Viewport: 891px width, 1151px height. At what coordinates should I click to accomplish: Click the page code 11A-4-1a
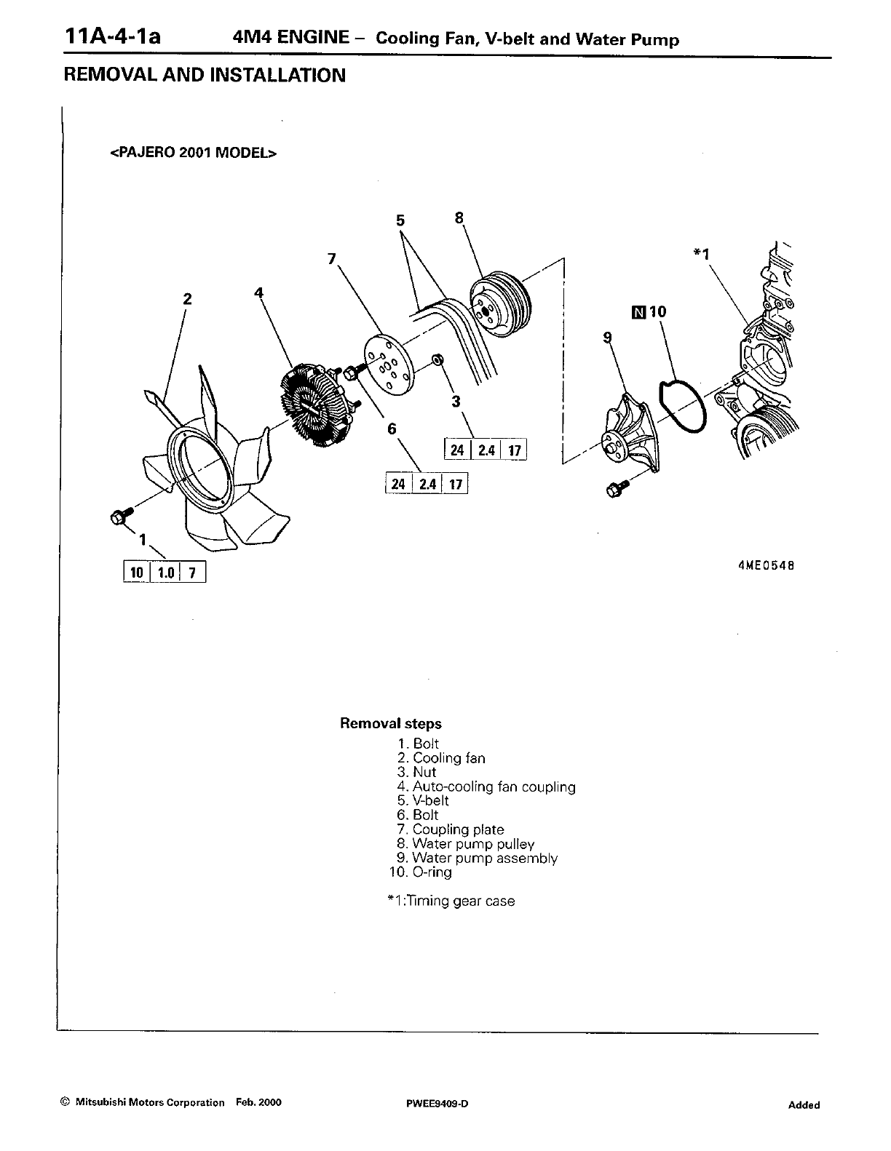[x=112, y=36]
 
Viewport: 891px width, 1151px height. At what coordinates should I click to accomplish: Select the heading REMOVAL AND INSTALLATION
[x=205, y=76]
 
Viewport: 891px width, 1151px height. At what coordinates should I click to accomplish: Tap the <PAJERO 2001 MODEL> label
[x=194, y=154]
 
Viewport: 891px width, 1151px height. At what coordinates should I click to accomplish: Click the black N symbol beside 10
[x=639, y=313]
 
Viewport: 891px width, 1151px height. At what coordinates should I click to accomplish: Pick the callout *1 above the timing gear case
[x=701, y=253]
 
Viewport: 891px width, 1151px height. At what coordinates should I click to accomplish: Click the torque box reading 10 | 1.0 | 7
[x=165, y=573]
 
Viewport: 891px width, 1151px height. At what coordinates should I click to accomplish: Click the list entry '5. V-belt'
[x=423, y=801]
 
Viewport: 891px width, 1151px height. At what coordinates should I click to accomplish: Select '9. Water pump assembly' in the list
[x=478, y=859]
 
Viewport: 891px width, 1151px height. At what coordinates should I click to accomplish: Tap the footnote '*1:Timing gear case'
[x=451, y=901]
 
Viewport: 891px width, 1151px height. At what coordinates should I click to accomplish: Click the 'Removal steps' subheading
[x=391, y=724]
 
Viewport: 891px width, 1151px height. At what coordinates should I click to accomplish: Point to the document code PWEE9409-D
[x=437, y=1104]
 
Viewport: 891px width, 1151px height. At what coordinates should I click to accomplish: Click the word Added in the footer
[x=804, y=1105]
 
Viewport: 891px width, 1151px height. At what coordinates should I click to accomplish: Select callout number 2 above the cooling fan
[x=187, y=298]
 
